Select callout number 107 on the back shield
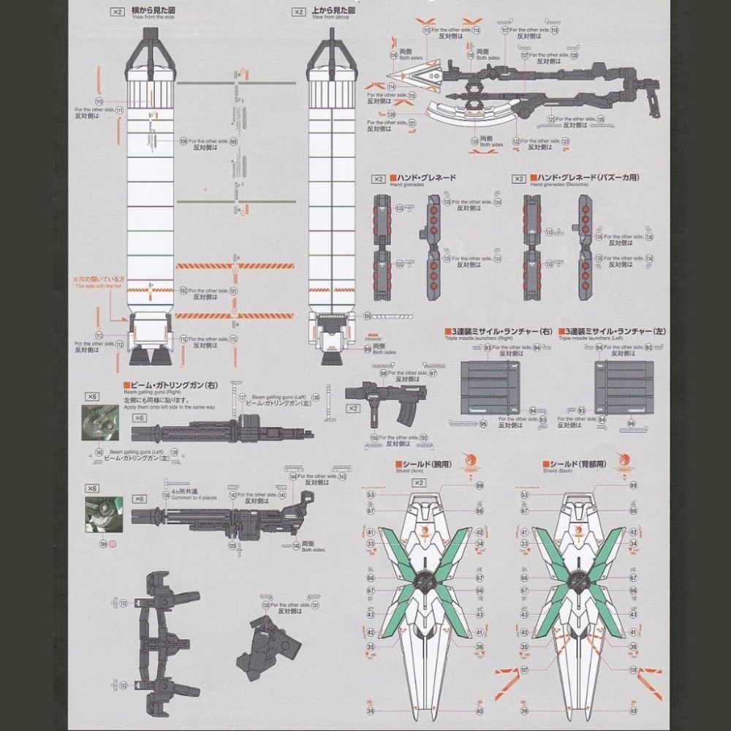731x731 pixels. pos(523,669)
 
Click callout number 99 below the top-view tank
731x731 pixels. pos(368,348)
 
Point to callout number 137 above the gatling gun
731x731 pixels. pos(242,397)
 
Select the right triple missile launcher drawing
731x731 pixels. pos(490,387)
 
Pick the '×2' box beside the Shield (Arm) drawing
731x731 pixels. pos(418,482)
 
